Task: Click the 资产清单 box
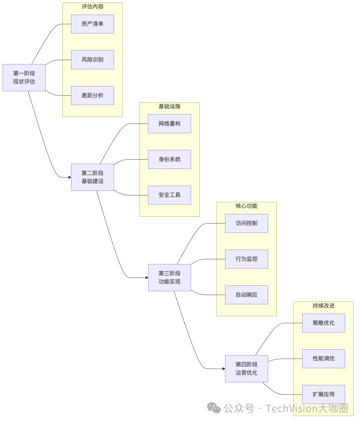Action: point(92,24)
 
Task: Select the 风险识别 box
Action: point(92,60)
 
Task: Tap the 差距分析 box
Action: point(92,95)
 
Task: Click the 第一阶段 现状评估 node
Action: point(24,78)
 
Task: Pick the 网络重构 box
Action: point(169,124)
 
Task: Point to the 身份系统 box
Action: point(169,159)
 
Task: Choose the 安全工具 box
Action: point(169,195)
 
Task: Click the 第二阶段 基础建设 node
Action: point(92,177)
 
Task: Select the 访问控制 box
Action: point(246,223)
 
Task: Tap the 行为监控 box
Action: point(246,259)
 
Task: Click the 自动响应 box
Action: point(246,294)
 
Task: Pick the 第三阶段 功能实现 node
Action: point(169,277)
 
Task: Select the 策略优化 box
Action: point(323,323)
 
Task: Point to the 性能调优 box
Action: point(323,358)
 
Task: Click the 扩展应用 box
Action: point(323,394)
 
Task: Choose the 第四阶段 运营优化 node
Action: point(246,368)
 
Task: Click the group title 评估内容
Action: point(92,7)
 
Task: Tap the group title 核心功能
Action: point(246,206)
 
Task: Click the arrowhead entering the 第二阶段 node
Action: point(70,177)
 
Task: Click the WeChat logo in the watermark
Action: point(214,408)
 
